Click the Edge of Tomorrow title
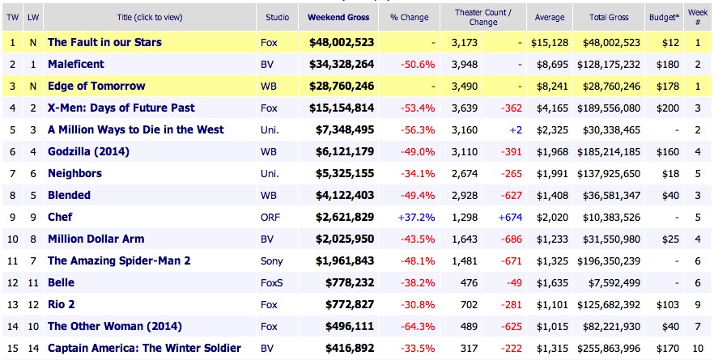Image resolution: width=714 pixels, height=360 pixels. pyautogui.click(x=96, y=86)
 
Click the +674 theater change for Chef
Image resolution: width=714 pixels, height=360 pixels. pyautogui.click(x=507, y=217)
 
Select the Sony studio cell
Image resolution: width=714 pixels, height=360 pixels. pyautogui.click(x=273, y=260)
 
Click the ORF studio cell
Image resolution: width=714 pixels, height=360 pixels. pyautogui.click(x=272, y=217)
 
